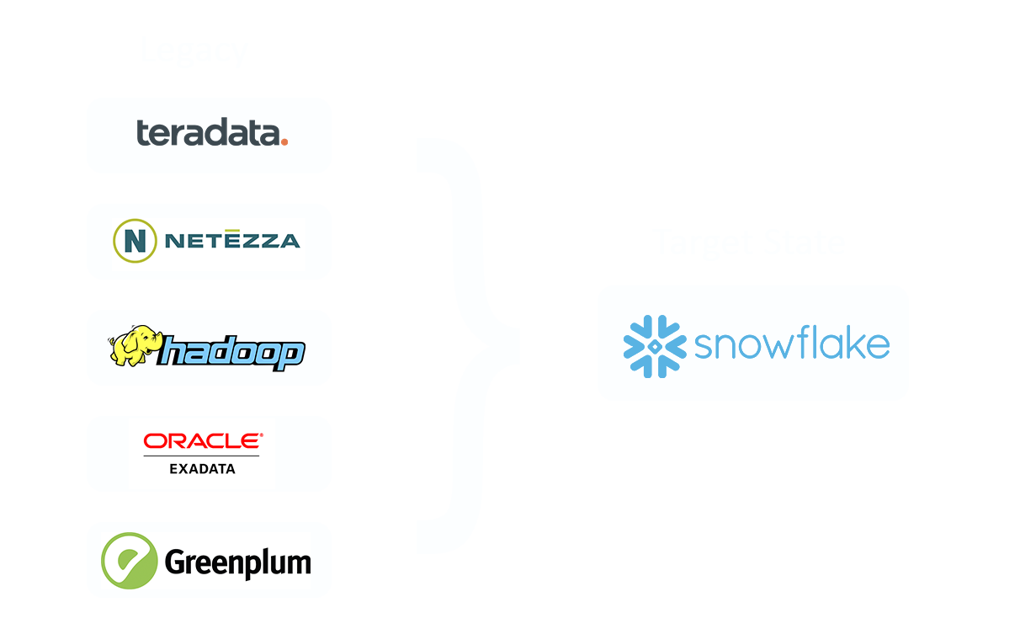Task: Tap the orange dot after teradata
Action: click(284, 142)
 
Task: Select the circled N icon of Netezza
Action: click(135, 241)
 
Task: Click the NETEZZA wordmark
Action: click(232, 242)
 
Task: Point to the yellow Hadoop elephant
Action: click(133, 346)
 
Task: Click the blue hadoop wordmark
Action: click(232, 353)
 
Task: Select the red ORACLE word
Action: click(202, 441)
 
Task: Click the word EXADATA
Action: click(202, 468)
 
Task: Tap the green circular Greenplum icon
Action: click(129, 560)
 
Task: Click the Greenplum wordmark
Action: click(238, 562)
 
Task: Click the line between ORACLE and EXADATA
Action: click(202, 456)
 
